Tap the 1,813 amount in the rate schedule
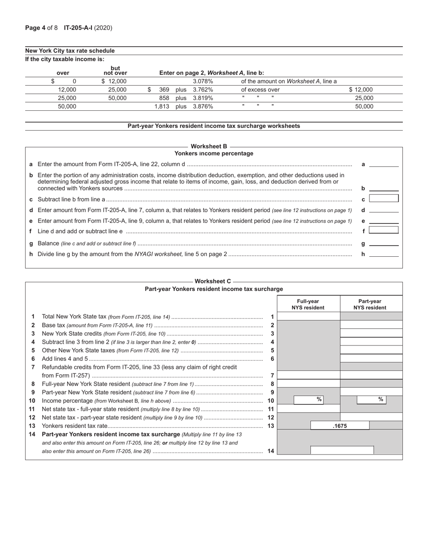pyautogui.click(x=162, y=107)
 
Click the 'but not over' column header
pyautogui.click(x=115, y=71)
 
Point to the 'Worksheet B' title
pyautogui.click(x=209, y=146)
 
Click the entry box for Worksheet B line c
pyautogui.click(x=383, y=199)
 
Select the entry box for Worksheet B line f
pyautogui.click(x=383, y=230)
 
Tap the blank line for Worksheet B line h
pyautogui.click(x=383, y=254)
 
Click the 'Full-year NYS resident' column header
pyautogui.click(x=308, y=304)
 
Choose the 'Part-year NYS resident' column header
pyautogui.click(x=369, y=304)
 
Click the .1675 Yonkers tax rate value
pyautogui.click(x=340, y=426)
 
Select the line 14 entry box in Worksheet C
pyautogui.click(x=342, y=450)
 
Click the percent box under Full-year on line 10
pyautogui.click(x=309, y=400)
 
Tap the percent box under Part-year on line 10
pyautogui.click(x=372, y=400)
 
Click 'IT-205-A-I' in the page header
pyautogui.click(x=78, y=28)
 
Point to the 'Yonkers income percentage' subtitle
pyautogui.click(x=214, y=154)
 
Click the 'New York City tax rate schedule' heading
pyautogui.click(x=70, y=51)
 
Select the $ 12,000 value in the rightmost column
pyautogui.click(x=360, y=90)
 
